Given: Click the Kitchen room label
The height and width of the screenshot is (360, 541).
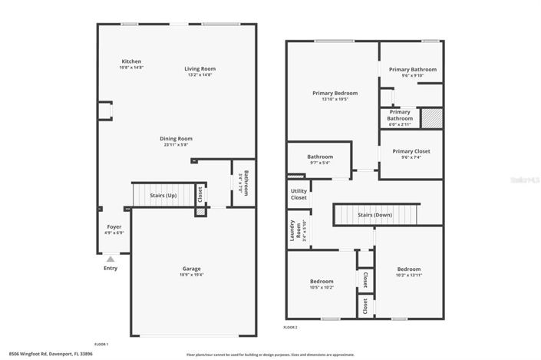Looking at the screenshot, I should (131, 61).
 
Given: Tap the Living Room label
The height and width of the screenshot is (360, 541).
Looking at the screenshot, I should (199, 68).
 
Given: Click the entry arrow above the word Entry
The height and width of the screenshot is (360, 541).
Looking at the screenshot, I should (111, 259).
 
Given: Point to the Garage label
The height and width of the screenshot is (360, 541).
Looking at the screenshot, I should (191, 268).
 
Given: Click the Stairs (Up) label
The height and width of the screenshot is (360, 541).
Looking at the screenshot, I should (163, 196).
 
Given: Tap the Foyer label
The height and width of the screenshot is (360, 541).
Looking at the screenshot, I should (114, 226).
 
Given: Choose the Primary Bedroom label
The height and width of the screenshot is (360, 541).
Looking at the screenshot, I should (335, 93).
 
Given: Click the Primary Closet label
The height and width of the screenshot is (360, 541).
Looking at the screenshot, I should (411, 151).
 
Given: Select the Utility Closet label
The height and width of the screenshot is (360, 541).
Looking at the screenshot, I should (299, 194).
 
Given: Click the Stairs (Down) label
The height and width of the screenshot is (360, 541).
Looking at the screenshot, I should (374, 215).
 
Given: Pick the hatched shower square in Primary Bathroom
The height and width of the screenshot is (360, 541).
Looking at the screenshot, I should (434, 119).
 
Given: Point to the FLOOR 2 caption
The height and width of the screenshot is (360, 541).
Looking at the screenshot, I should (290, 327).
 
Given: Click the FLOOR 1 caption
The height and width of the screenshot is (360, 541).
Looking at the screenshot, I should (101, 344).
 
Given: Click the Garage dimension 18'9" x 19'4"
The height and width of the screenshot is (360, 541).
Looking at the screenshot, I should (191, 274).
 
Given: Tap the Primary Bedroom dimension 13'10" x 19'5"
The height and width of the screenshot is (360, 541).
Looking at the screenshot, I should (335, 99).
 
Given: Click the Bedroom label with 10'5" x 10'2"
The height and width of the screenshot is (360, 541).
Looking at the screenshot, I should (321, 281).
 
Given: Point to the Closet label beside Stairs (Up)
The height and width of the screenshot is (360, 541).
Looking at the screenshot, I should (200, 196).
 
